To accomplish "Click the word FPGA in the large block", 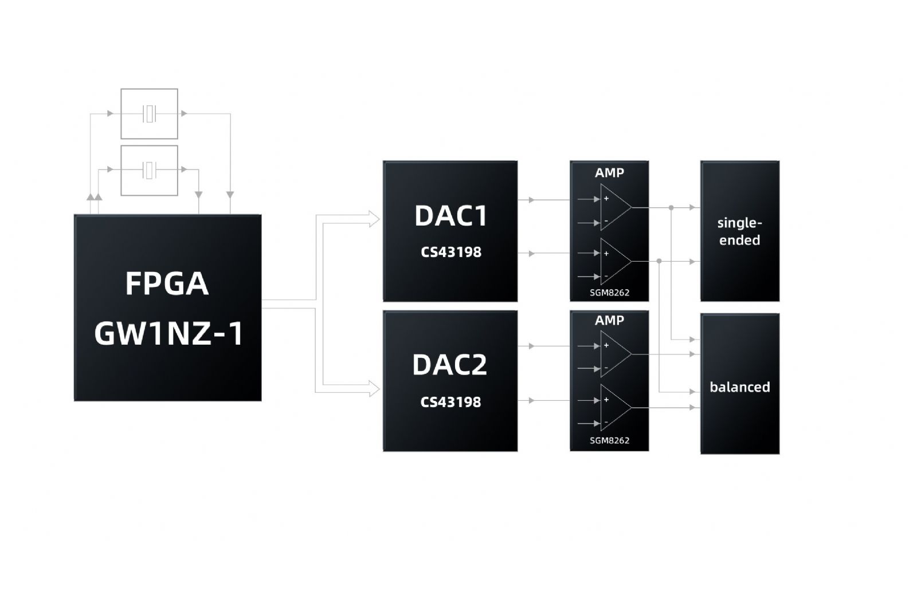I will click(x=167, y=283).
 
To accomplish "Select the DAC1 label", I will click(x=450, y=216).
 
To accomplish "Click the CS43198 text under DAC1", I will click(x=450, y=252).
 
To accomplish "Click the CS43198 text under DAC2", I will click(x=450, y=402).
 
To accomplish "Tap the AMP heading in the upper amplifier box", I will click(x=609, y=173).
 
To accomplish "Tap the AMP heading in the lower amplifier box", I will click(x=609, y=321).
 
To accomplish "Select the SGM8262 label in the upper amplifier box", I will click(x=609, y=293).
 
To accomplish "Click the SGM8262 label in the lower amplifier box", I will click(x=609, y=440).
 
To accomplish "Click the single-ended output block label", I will click(x=739, y=231).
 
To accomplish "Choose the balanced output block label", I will click(x=739, y=387).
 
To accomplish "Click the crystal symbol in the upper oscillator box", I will click(x=150, y=113).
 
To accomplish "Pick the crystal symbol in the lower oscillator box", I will click(x=150, y=169).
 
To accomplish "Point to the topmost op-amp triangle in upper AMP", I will click(x=614, y=207).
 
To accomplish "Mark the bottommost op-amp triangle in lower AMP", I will click(x=614, y=407).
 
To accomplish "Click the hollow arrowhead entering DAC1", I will click(x=374, y=219).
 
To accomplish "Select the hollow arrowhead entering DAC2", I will click(x=374, y=389).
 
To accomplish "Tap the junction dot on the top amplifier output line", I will click(x=671, y=207).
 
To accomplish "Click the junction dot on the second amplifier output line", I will click(x=659, y=261).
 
